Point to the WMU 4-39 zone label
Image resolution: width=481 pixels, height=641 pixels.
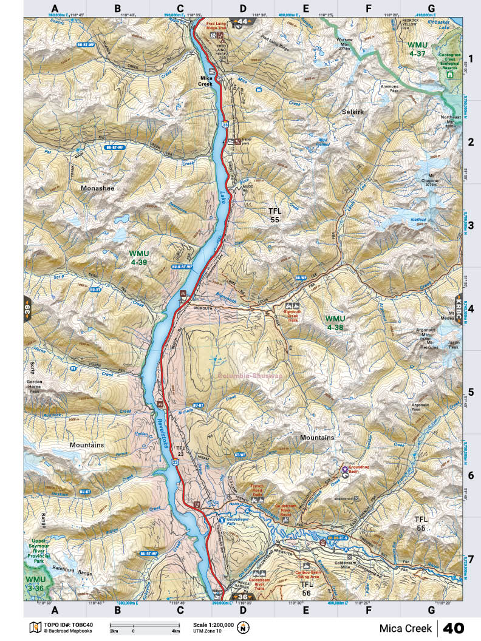pos(139,257)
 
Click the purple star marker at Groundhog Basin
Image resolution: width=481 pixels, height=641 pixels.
pos(362,469)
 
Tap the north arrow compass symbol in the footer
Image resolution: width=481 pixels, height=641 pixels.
pos(244,627)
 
